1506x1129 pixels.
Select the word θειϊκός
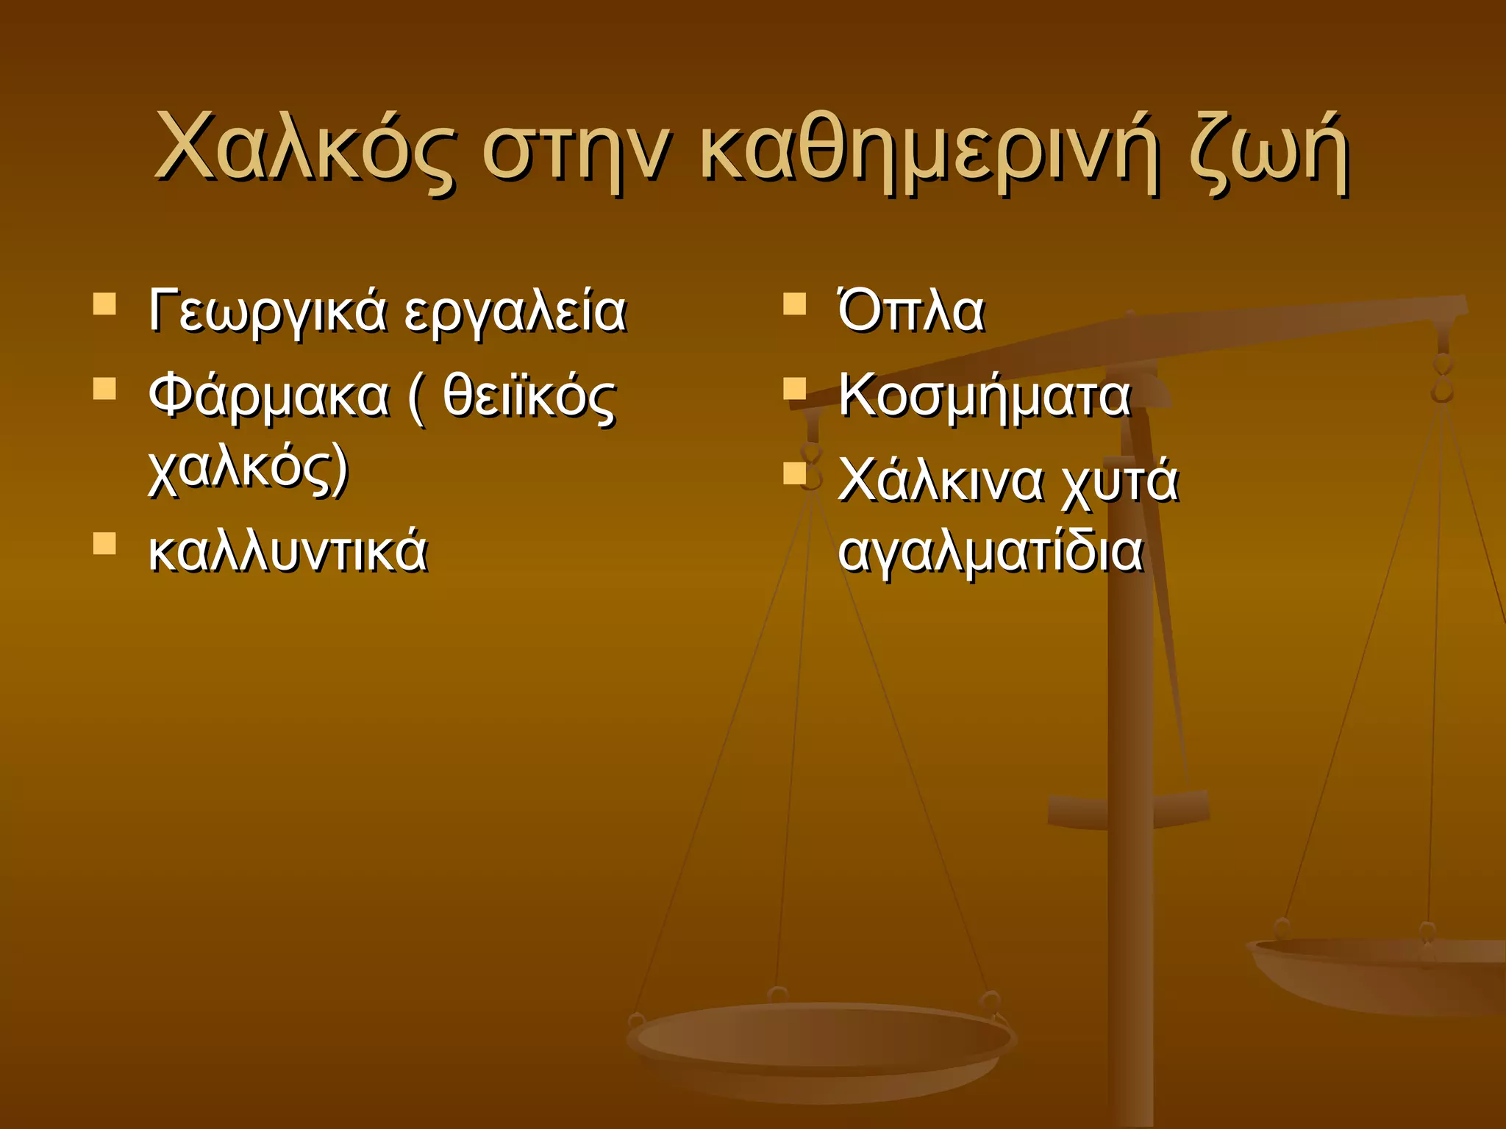click(529, 397)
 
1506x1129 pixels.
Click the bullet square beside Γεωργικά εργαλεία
click(105, 304)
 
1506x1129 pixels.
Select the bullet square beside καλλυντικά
click(105, 543)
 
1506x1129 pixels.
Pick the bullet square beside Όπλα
click(795, 304)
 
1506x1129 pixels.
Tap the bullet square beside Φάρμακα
click(105, 388)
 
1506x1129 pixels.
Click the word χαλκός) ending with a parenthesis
click(248, 470)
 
